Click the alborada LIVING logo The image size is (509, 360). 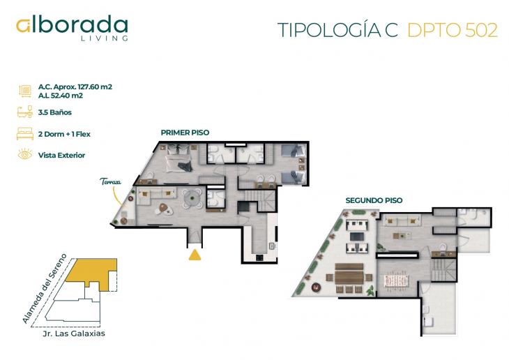73,28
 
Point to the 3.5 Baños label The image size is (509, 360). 55,112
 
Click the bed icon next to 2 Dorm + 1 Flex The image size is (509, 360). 24,133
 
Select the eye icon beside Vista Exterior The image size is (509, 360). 24,155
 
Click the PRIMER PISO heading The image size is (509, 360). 185,132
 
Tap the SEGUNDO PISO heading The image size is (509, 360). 374,200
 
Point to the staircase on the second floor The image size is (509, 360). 441,269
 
